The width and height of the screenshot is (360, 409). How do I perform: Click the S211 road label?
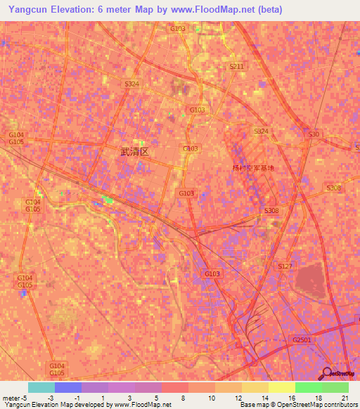click(x=236, y=66)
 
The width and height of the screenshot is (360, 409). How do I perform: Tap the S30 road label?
click(x=314, y=134)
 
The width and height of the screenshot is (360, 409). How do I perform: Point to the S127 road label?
click(x=285, y=266)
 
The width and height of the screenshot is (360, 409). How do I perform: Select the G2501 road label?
click(x=301, y=339)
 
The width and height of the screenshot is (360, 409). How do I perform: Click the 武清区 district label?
click(x=134, y=151)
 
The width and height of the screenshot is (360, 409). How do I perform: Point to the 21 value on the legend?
click(x=345, y=398)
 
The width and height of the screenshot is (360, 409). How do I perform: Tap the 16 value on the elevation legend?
click(x=282, y=398)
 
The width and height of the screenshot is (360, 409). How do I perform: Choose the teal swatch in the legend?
click(x=41, y=387)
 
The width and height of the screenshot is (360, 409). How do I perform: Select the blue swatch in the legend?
click(x=68, y=387)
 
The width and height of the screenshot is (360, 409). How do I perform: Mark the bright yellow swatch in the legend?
click(x=282, y=387)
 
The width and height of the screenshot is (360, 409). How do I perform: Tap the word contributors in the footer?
click(x=340, y=405)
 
